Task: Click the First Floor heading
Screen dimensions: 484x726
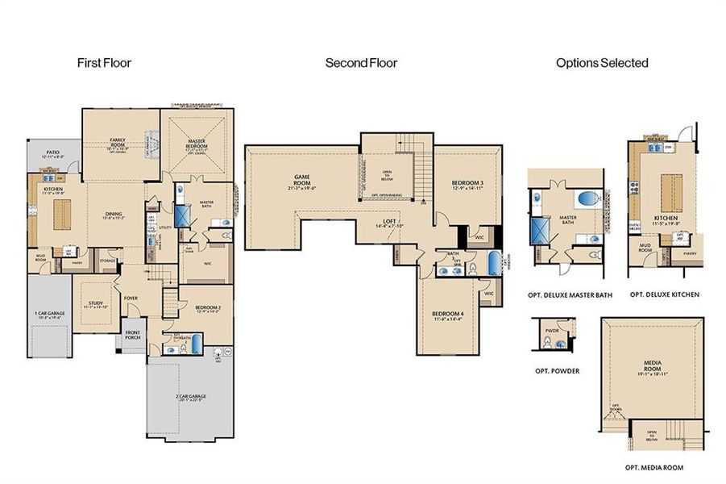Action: tap(104, 62)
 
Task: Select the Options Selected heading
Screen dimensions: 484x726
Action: tap(602, 62)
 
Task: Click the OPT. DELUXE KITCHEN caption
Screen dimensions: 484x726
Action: tap(665, 295)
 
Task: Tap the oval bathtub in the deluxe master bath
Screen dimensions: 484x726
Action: tap(587, 198)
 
